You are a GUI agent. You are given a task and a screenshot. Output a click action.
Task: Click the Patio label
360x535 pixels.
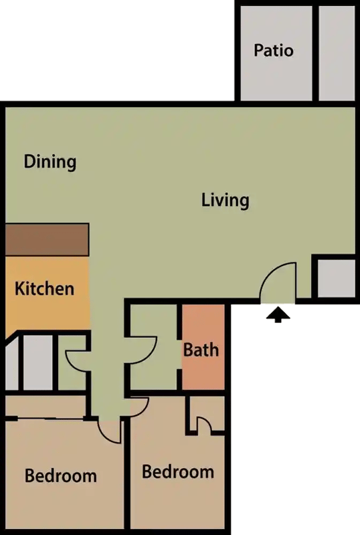274,50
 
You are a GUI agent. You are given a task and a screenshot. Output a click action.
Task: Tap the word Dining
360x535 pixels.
50,162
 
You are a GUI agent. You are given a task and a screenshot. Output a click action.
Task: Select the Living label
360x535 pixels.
226,200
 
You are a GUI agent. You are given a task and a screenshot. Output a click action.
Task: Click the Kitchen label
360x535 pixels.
45,290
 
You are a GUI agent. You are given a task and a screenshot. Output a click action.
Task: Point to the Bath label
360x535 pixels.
201,349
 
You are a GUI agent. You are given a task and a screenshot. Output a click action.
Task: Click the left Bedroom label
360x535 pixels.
61,476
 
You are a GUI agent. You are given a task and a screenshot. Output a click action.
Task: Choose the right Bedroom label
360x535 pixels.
178,472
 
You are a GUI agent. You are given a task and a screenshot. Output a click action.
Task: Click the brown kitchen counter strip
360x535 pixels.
47,239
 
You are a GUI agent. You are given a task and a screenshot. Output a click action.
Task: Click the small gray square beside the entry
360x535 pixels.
333,278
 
